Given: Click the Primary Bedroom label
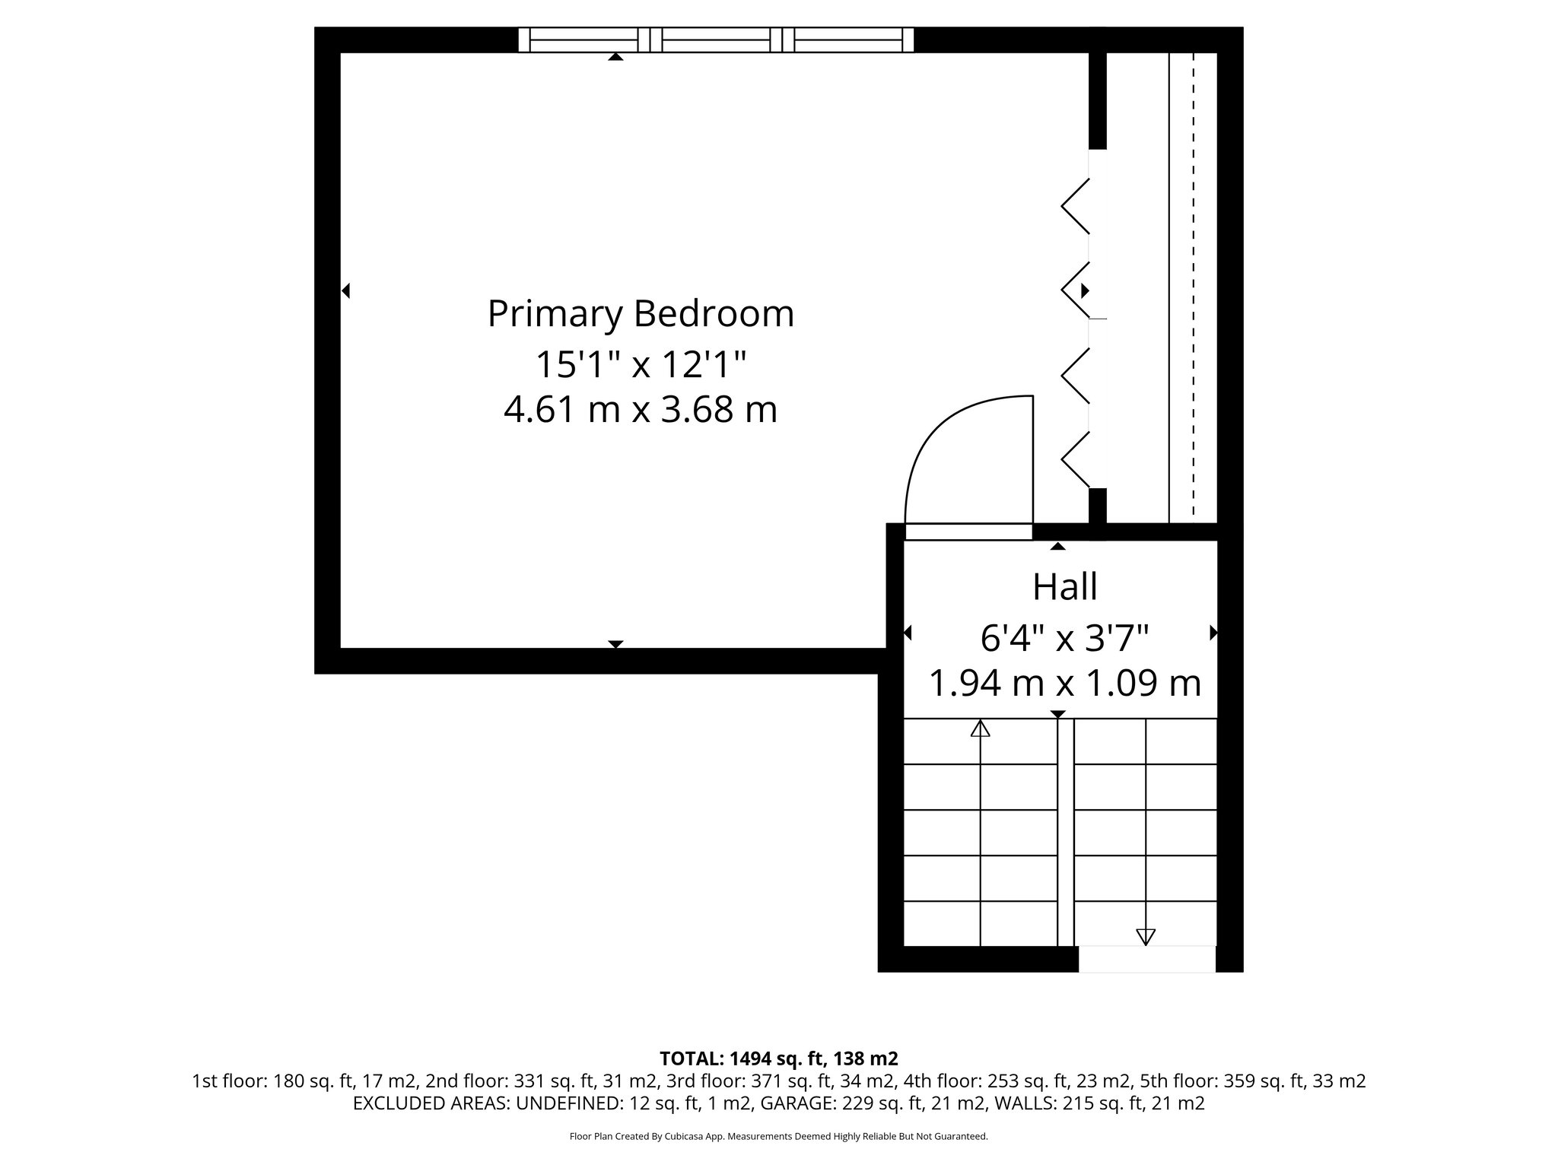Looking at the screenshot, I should [x=641, y=314].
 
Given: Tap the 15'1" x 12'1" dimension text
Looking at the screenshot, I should [x=641, y=364].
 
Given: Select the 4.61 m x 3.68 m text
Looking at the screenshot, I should [x=641, y=410].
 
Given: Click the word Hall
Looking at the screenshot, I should [x=1064, y=586].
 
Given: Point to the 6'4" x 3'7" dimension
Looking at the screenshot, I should [x=1064, y=637].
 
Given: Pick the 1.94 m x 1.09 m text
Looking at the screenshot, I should [x=1064, y=683].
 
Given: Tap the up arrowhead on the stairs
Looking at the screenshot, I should [x=980, y=729].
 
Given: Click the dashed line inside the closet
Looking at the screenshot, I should [x=1193, y=289].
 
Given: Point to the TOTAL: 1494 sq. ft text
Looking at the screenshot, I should [x=778, y=1058].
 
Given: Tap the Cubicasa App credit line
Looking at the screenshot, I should [x=778, y=1137].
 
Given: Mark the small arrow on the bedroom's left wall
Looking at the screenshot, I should [x=346, y=290].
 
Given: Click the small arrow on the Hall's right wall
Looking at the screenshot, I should [x=1213, y=633].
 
